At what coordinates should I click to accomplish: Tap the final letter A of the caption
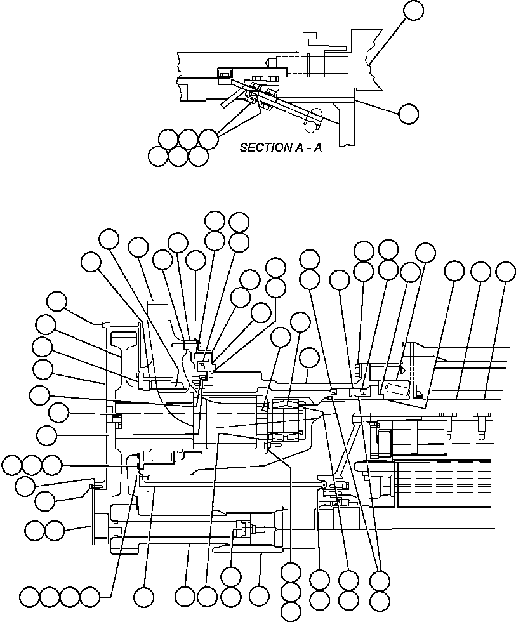317,147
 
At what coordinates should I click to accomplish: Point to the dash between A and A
304,147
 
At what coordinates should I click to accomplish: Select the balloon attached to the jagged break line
413,10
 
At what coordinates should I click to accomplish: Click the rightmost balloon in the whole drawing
505,271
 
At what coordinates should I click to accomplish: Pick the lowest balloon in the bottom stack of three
290,612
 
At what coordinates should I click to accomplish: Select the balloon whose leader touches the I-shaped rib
46,326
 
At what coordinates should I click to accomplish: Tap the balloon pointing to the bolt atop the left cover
57,301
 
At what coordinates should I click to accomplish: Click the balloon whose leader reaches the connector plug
230,576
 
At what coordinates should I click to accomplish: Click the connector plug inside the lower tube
244,526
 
